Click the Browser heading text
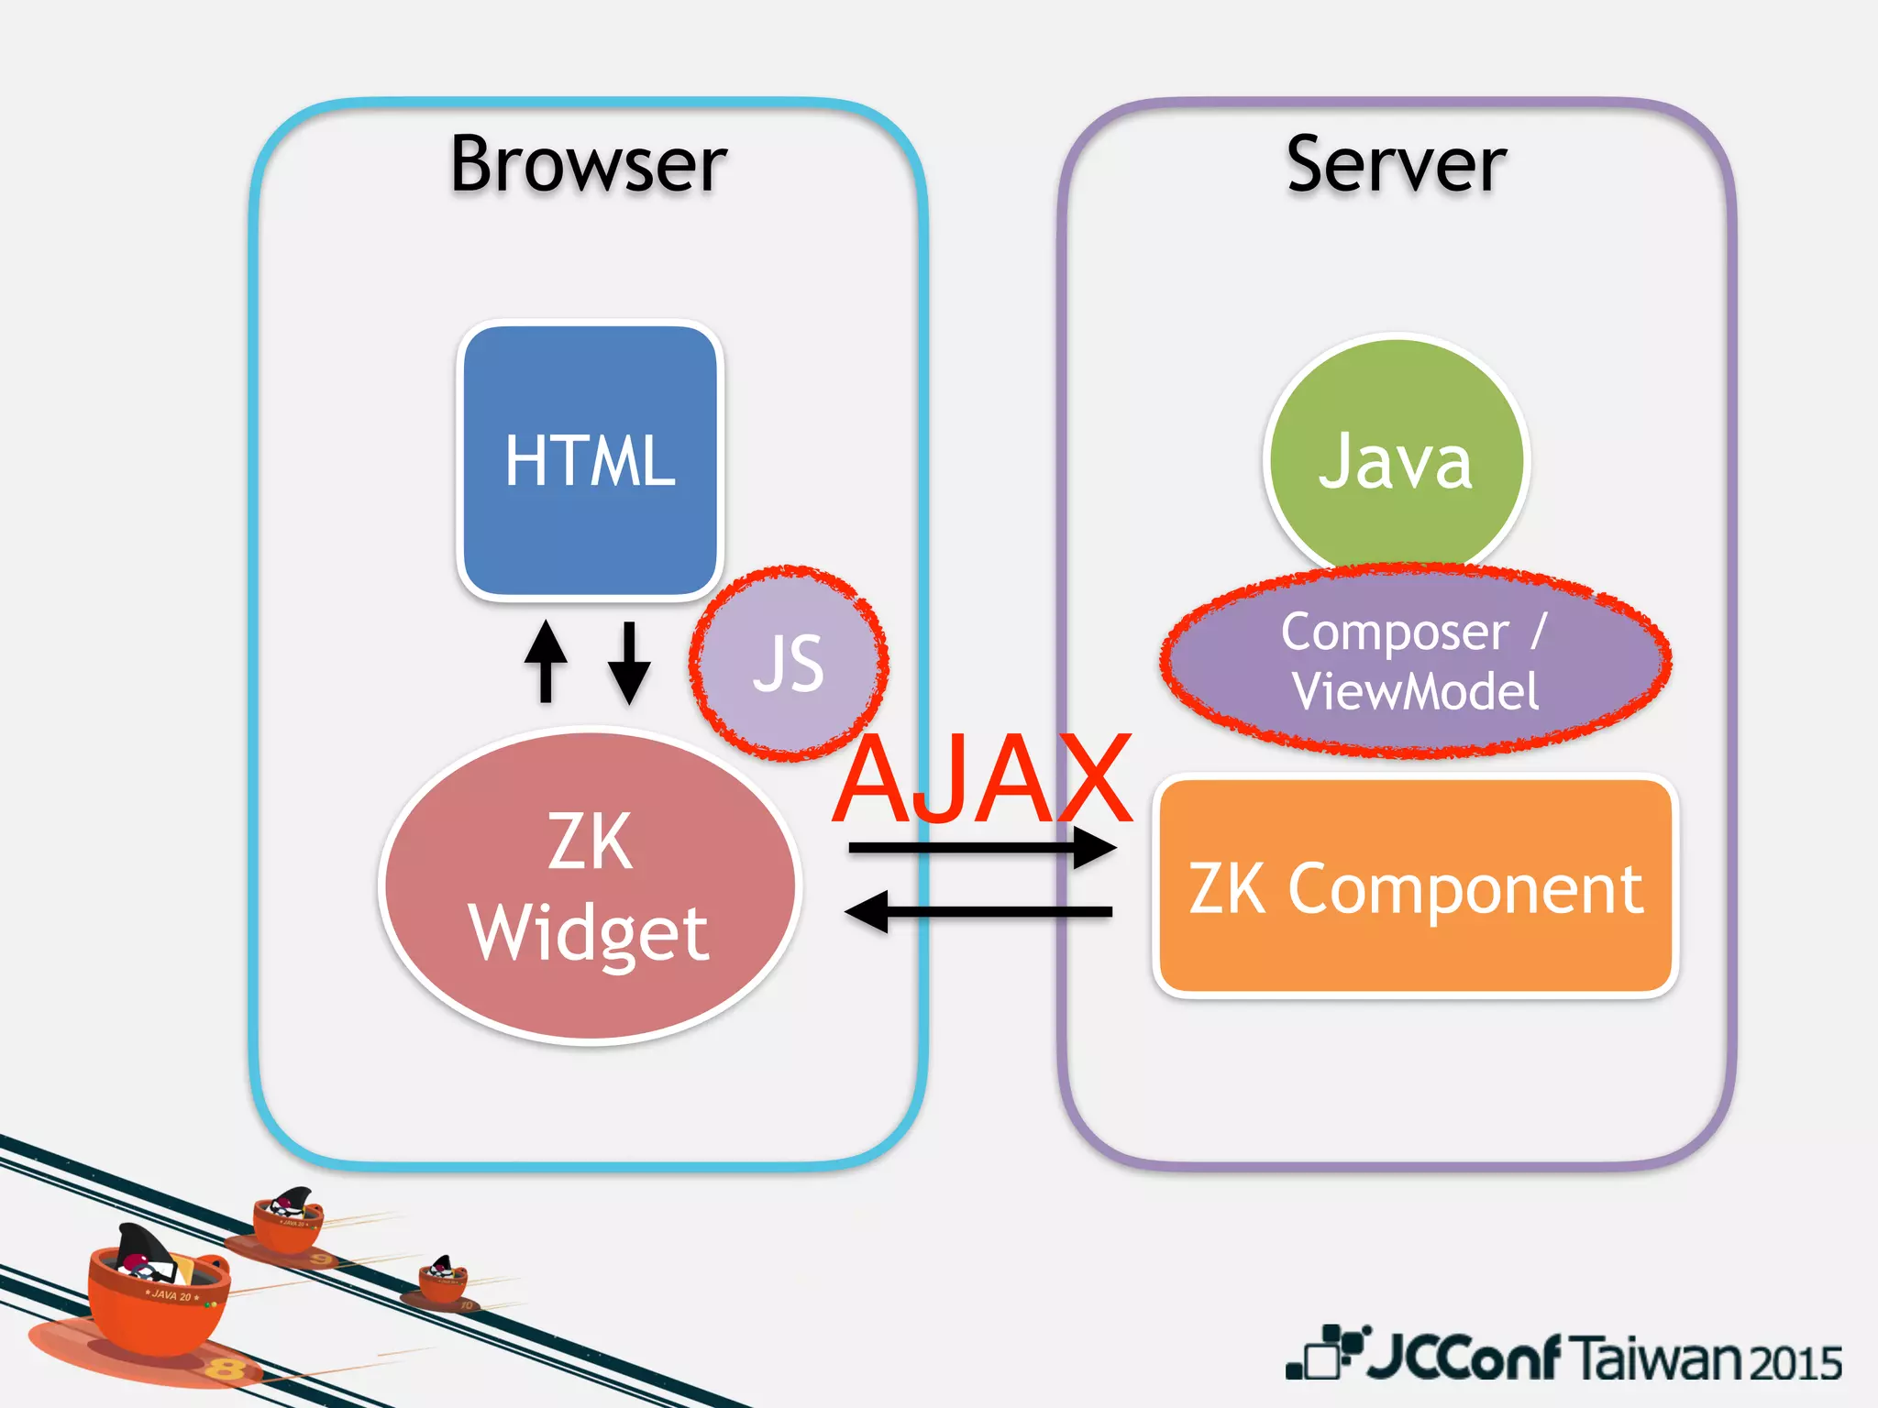[589, 165]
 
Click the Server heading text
[1396, 165]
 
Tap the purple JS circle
[789, 663]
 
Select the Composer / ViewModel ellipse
[1415, 660]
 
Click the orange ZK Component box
[1415, 887]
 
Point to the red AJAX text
[983, 779]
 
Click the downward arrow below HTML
[629, 662]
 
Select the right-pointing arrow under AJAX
[981, 847]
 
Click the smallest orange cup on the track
[444, 1281]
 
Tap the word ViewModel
[1415, 691]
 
